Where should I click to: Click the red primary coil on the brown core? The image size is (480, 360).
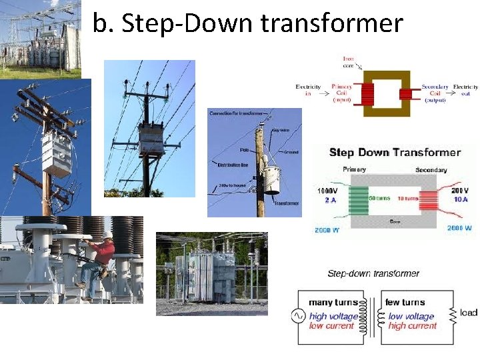pyautogui.click(x=364, y=94)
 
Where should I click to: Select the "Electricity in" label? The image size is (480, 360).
pyautogui.click(x=308, y=90)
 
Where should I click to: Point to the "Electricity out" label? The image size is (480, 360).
pyautogui.click(x=465, y=90)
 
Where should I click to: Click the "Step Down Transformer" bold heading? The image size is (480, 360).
pyautogui.click(x=395, y=152)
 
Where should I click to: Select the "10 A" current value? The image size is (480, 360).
pyautogui.click(x=461, y=199)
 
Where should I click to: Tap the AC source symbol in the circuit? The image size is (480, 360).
pyautogui.click(x=299, y=315)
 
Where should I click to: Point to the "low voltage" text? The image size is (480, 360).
pyautogui.click(x=411, y=316)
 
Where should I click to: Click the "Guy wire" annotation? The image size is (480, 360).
pyautogui.click(x=281, y=131)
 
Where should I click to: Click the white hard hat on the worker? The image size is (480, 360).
pyautogui.click(x=107, y=234)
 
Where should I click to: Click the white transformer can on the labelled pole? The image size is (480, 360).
pyautogui.click(x=271, y=180)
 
